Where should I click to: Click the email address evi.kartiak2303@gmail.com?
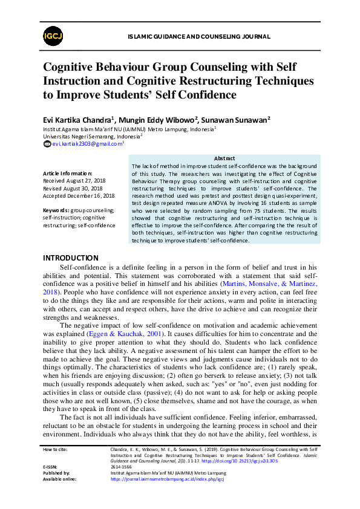coord(87,144)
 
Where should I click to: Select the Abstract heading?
coord(224,158)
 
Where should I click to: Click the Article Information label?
coord(68,173)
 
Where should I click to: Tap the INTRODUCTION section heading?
coord(70,258)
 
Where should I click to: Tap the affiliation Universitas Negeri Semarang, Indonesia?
coord(90,137)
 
